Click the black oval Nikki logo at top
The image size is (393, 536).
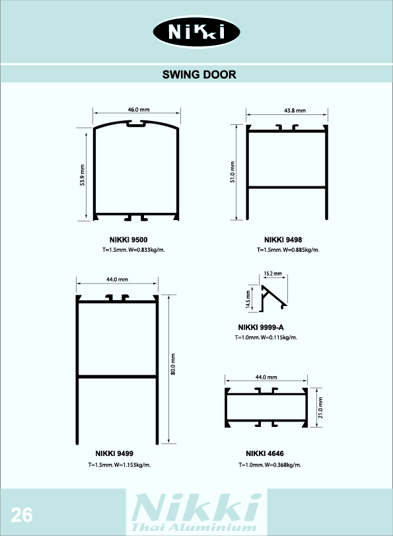point(197,32)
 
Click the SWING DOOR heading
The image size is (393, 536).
point(199,75)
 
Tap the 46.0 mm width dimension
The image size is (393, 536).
point(139,110)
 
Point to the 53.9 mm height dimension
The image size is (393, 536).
point(83,175)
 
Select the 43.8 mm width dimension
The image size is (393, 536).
point(295,110)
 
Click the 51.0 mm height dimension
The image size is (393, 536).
point(232,172)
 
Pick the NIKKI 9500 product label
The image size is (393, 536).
point(129,240)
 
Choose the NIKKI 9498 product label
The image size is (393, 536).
point(283,240)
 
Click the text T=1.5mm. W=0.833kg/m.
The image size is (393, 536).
point(133,250)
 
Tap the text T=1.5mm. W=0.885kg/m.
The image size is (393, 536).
point(288,250)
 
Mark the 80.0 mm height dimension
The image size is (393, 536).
point(173,364)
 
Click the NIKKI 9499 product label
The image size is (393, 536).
point(114,453)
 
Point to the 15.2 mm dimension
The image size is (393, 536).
point(273,274)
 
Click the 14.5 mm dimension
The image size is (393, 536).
point(248,299)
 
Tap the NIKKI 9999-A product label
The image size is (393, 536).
point(261,327)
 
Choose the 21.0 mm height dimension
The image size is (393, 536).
point(320,408)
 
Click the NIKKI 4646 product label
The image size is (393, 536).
point(265,453)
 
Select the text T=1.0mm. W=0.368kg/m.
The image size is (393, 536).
point(270,465)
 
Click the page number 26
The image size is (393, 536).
point(22,515)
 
